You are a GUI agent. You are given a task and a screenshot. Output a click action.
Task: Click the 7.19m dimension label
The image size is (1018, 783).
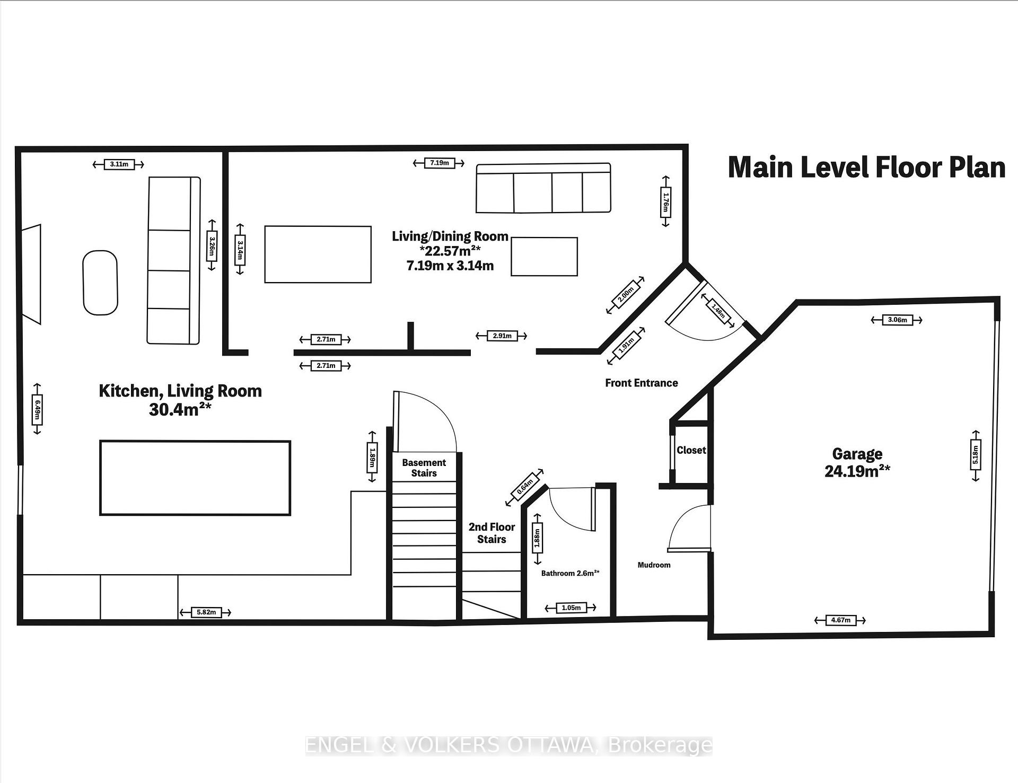tap(439, 163)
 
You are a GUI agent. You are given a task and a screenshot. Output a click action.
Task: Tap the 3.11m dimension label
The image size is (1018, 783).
tap(119, 164)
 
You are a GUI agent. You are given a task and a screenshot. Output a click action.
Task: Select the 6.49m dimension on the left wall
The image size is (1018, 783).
tap(37, 409)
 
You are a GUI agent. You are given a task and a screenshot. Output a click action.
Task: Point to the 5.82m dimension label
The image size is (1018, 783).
tap(206, 612)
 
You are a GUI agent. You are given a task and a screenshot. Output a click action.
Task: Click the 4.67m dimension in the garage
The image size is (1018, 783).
tap(840, 620)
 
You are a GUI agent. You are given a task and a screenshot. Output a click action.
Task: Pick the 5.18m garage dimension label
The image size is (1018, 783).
tap(976, 455)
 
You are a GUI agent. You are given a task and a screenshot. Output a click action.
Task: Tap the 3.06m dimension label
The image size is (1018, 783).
tap(897, 320)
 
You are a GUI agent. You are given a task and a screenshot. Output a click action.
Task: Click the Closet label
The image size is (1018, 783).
tap(691, 450)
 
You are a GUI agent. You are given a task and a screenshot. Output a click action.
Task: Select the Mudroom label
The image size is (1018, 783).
tap(654, 565)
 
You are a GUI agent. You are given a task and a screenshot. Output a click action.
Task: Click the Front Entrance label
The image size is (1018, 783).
tap(642, 383)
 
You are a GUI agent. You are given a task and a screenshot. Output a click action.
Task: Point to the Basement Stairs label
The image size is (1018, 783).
tap(424, 468)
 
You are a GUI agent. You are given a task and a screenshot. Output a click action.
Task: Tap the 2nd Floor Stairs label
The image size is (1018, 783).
tap(492, 533)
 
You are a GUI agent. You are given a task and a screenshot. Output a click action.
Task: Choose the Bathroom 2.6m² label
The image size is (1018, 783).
tap(571, 573)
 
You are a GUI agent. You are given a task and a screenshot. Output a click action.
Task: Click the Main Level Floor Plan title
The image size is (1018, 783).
tap(867, 167)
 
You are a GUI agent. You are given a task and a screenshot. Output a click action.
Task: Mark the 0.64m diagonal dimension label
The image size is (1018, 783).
tap(524, 487)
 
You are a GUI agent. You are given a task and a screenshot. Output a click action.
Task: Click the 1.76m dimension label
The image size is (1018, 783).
tap(665, 202)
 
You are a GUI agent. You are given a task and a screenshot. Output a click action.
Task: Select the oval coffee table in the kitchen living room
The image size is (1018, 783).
tap(100, 283)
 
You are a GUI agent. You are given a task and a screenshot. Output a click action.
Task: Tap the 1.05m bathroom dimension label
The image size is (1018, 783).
tap(571, 608)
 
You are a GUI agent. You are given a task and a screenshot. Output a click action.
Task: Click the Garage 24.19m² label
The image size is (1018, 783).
tap(857, 462)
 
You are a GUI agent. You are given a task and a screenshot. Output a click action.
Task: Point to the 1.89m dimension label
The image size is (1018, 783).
tap(372, 456)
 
